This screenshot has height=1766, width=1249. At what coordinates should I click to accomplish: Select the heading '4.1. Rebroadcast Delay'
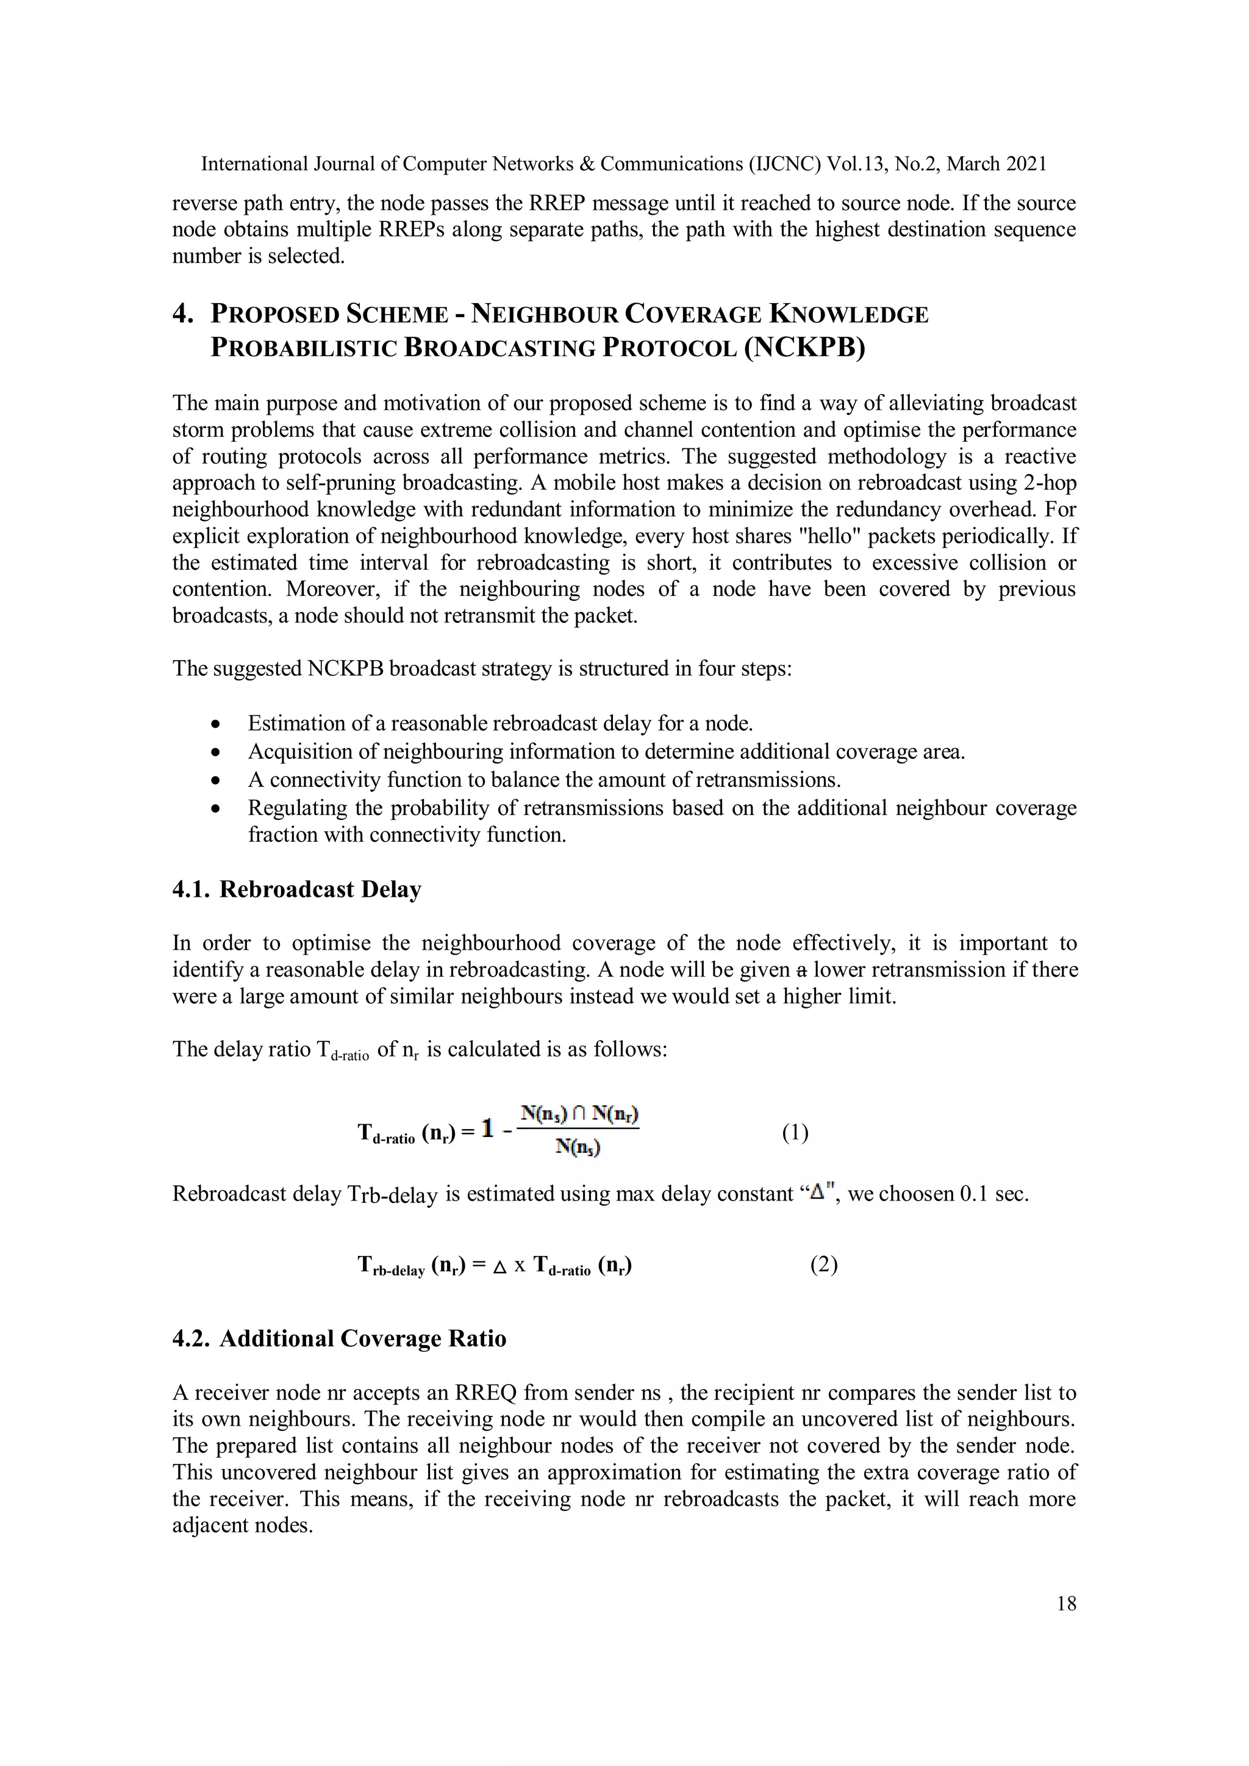297,889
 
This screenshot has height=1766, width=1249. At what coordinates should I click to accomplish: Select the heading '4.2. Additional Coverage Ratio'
339,1339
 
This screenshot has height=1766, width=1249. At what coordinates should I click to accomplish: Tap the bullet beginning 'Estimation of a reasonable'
500,723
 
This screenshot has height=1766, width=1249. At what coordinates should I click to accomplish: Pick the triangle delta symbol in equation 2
499,1266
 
